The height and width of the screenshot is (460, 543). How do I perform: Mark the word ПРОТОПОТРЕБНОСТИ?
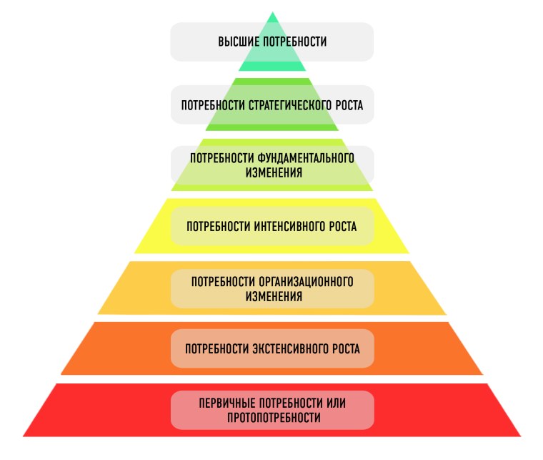click(x=272, y=417)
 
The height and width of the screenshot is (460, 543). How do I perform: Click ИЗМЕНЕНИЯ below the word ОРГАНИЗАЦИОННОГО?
click(x=272, y=295)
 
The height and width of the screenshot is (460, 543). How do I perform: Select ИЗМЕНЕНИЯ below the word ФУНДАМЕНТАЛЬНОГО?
click(x=272, y=172)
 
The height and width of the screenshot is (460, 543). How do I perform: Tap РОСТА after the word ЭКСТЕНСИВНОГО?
click(x=344, y=349)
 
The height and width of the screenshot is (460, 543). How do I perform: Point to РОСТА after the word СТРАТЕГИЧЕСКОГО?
click(x=346, y=104)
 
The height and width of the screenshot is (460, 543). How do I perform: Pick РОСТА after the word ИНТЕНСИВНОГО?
click(x=341, y=226)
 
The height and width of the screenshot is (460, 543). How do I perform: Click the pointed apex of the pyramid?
click(x=272, y=12)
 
